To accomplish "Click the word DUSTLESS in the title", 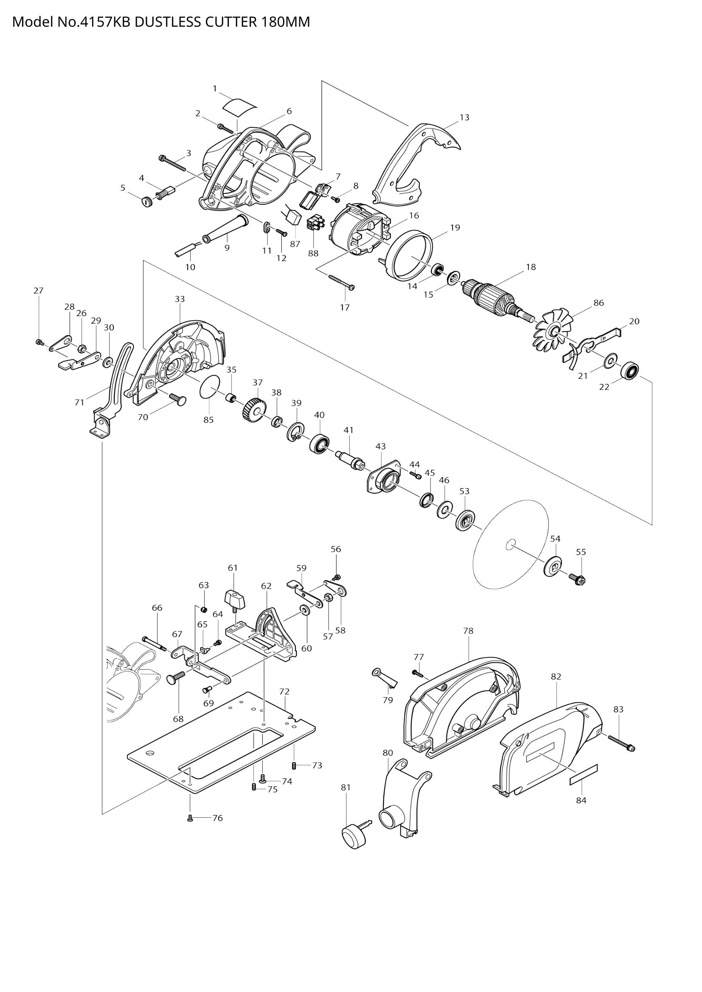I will (x=167, y=22).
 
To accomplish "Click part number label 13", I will (x=464, y=117).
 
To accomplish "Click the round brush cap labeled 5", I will (x=148, y=201).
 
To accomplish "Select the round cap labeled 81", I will (x=354, y=837).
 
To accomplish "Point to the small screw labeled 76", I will (x=190, y=818).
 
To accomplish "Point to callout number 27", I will (x=39, y=291).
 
